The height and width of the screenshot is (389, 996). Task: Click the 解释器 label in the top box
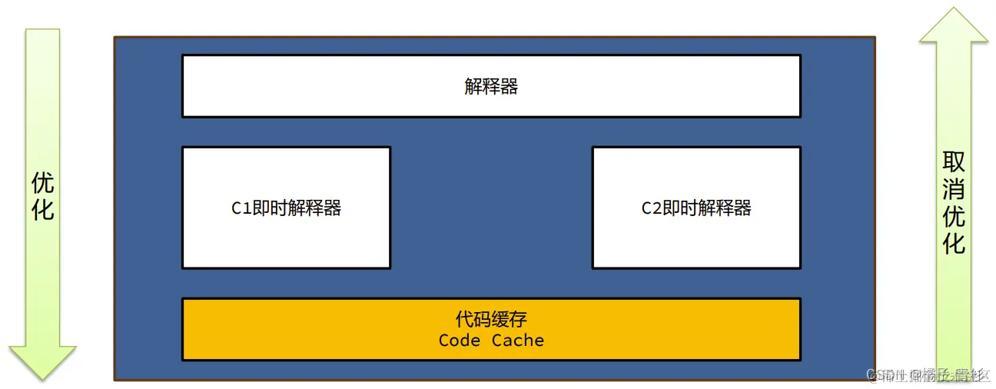[x=491, y=86]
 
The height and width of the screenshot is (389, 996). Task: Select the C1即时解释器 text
[x=287, y=208]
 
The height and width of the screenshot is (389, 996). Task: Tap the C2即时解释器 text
[x=696, y=208]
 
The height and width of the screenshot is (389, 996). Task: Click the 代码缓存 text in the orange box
[x=491, y=319]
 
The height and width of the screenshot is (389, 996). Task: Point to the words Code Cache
[x=491, y=341]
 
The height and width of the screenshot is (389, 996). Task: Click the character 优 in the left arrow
[x=43, y=182]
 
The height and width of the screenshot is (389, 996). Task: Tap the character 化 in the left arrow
[x=43, y=209]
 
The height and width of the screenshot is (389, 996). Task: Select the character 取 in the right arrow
[x=954, y=162]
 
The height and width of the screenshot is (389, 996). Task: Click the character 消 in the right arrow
[x=954, y=189]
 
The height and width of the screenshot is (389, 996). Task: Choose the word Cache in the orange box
[x=518, y=341]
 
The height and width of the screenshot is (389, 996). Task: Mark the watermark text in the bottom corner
[x=928, y=375]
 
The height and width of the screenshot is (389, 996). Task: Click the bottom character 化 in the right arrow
[x=954, y=244]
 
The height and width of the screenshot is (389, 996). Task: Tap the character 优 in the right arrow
[x=954, y=217]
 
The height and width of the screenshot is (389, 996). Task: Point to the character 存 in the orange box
[x=518, y=319]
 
